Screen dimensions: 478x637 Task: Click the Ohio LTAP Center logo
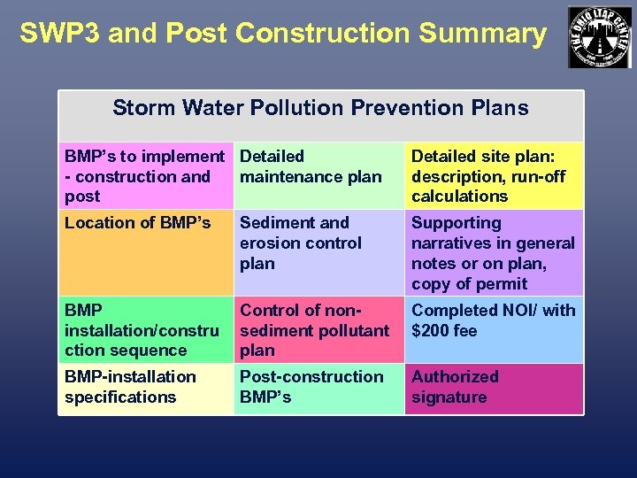[x=600, y=36]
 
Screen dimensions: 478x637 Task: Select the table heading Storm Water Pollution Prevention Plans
[x=320, y=109]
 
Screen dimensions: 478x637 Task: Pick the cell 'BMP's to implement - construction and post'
[x=144, y=176]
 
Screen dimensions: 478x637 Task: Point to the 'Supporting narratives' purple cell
[x=493, y=253]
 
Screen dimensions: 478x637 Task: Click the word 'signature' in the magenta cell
[x=449, y=397]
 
